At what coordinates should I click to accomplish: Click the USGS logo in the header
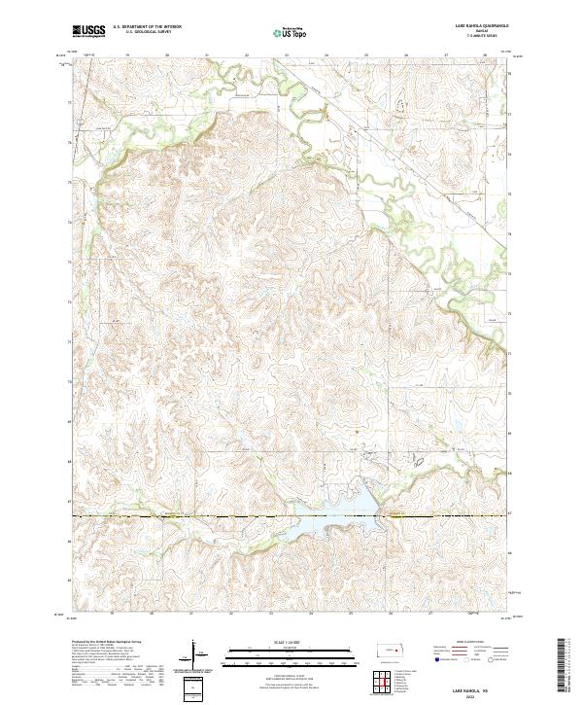click(x=89, y=31)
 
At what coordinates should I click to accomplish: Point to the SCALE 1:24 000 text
click(x=289, y=641)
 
